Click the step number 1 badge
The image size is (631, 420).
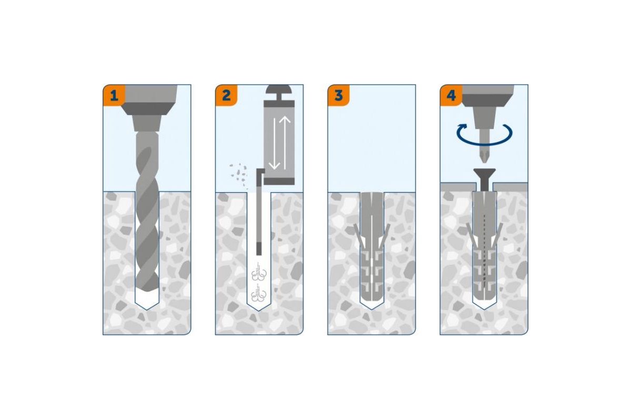(114, 96)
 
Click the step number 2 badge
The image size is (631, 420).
(226, 96)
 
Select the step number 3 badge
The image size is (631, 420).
(339, 96)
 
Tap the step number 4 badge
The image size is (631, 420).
(451, 96)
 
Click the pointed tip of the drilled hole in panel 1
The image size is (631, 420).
(147, 310)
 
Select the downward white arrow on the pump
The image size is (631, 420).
(274, 144)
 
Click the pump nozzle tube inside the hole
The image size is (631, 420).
(259, 212)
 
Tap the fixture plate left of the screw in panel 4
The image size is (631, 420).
(459, 187)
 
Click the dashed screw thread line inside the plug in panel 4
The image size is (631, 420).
(484, 251)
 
